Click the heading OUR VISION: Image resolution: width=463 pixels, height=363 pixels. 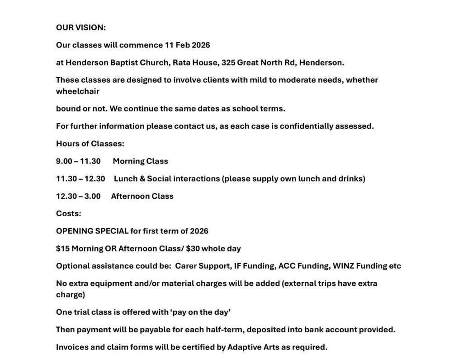point(81,28)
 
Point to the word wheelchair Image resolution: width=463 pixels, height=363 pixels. point(78,91)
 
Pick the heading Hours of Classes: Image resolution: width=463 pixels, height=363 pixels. point(90,144)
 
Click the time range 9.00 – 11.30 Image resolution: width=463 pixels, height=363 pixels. point(78,161)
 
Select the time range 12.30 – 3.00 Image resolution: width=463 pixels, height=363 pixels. point(78,196)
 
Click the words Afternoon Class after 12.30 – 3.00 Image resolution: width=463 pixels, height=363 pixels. point(142,196)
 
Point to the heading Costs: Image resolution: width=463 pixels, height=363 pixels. point(69,214)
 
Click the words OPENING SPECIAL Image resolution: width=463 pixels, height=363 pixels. point(92,231)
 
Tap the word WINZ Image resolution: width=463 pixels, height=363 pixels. point(343,266)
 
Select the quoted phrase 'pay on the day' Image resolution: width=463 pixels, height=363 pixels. point(195,312)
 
